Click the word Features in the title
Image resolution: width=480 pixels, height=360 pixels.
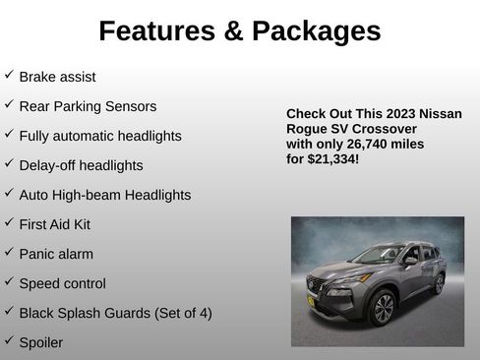pyautogui.click(x=155, y=31)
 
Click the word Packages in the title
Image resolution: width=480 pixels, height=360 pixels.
pyautogui.click(x=315, y=31)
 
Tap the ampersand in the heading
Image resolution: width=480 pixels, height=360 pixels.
pyautogui.click(x=232, y=31)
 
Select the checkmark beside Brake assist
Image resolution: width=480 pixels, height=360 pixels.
pyautogui.click(x=9, y=75)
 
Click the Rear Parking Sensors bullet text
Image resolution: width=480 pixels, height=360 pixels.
pyautogui.click(x=88, y=106)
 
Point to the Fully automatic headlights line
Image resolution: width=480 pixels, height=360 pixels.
pyautogui.click(x=100, y=136)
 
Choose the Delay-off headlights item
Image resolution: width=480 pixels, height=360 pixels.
pyautogui.click(x=81, y=165)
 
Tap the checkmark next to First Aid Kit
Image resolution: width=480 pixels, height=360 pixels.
pyautogui.click(x=9, y=222)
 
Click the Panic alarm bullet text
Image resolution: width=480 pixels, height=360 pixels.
pyautogui.click(x=56, y=254)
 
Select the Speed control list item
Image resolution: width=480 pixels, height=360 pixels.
pyautogui.click(x=62, y=283)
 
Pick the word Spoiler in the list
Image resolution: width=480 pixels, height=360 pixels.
pyautogui.click(x=41, y=342)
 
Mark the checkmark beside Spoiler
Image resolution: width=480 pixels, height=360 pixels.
pyautogui.click(x=9, y=340)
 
